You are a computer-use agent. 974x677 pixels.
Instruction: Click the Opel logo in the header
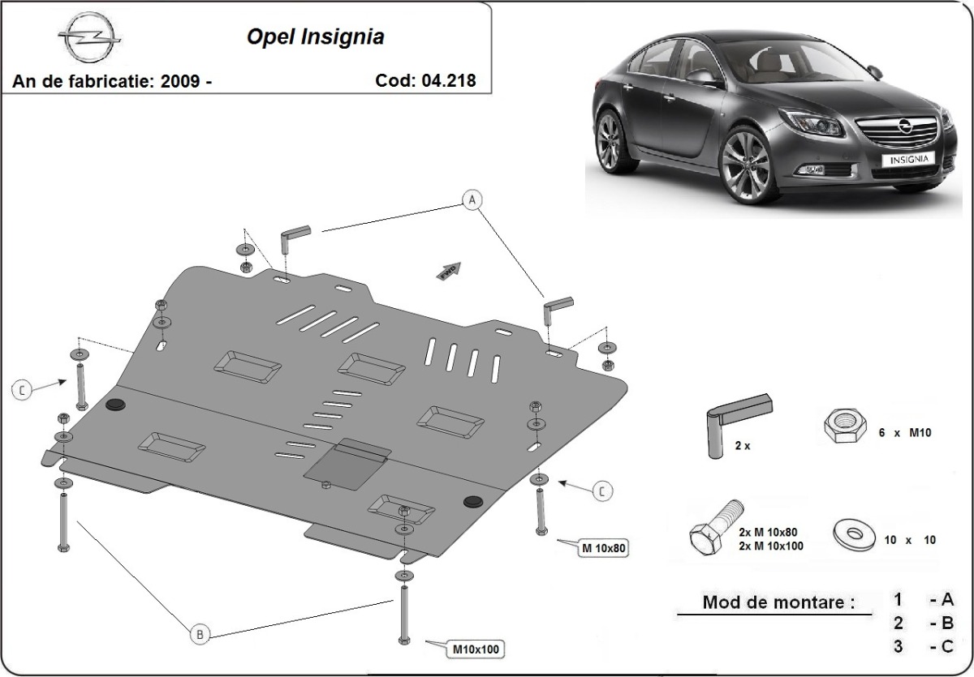[x=89, y=37]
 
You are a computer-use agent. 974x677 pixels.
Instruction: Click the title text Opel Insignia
[x=316, y=37]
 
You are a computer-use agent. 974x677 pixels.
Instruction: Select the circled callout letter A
[x=472, y=198]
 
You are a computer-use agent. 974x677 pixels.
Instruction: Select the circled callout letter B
[x=200, y=634]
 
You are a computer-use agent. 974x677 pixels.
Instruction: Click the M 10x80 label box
[x=603, y=548]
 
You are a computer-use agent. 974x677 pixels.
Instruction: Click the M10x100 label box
[x=476, y=649]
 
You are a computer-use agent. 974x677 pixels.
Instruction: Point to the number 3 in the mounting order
[x=899, y=646]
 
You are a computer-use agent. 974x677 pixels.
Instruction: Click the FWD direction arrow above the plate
[x=449, y=272]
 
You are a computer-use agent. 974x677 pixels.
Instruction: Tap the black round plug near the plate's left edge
[x=114, y=404]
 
